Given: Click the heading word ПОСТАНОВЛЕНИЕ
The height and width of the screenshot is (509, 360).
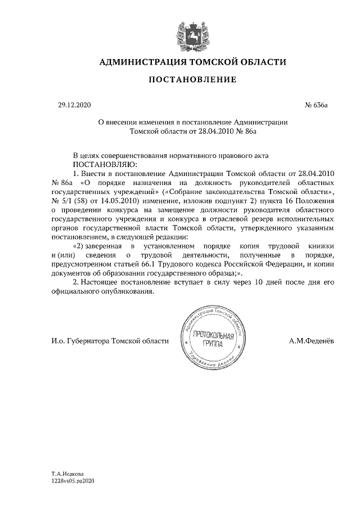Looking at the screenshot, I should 192,80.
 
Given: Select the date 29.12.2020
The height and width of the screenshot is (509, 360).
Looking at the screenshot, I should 74,105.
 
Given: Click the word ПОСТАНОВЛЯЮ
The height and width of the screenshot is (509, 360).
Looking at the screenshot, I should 93,164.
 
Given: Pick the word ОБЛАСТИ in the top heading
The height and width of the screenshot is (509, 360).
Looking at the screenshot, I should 259,62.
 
